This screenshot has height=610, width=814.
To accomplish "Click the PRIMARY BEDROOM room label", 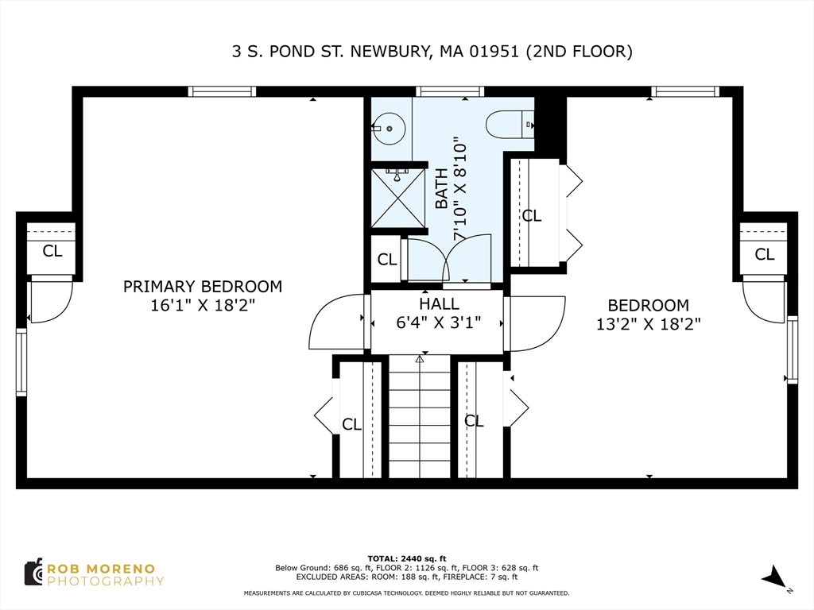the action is (x=203, y=286).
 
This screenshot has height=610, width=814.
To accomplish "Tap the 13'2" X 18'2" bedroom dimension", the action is (x=649, y=324).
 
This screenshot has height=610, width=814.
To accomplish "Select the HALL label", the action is (x=439, y=304).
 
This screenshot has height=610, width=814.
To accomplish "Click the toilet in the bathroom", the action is (x=510, y=125).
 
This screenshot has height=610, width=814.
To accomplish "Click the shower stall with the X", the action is (x=398, y=198).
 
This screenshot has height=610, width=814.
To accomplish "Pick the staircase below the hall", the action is (x=420, y=416).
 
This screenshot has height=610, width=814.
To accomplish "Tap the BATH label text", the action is (x=441, y=188).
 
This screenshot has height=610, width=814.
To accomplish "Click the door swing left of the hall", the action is (x=336, y=322).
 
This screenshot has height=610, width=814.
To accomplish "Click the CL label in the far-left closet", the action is (x=52, y=251).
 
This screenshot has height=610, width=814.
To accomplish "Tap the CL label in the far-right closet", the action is (x=764, y=254).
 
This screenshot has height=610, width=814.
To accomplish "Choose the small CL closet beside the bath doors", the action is (x=386, y=259).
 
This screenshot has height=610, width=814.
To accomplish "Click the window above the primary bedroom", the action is (x=222, y=92).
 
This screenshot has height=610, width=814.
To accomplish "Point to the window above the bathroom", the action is (x=450, y=92).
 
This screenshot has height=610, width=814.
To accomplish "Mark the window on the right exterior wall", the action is (x=793, y=349).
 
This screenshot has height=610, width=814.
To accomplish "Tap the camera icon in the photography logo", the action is (x=33, y=573).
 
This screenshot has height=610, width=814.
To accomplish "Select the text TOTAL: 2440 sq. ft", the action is (x=407, y=558).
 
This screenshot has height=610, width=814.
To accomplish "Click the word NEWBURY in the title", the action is (x=390, y=52).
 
